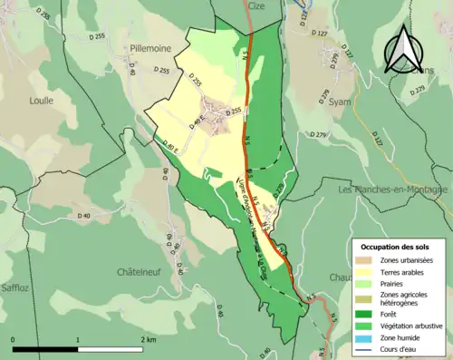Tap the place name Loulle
(x=41, y=101)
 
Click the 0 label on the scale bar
(x=14, y=340)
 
